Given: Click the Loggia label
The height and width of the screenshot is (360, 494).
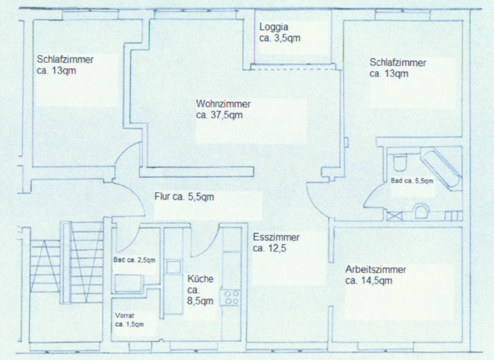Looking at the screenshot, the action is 273,28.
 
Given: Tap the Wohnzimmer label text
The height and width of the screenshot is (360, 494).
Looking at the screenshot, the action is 223,104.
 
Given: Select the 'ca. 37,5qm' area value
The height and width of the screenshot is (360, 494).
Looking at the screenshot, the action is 219,115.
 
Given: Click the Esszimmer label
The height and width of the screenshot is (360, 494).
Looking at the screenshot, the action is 276,237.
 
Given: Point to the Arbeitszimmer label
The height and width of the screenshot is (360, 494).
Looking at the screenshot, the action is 376,270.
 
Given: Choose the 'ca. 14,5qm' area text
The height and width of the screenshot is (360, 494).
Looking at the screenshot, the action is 369,280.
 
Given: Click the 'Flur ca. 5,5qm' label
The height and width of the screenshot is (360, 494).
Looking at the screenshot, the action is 184,197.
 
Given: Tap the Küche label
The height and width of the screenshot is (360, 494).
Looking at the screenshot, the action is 200,279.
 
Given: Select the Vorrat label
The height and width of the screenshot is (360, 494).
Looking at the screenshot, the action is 125,315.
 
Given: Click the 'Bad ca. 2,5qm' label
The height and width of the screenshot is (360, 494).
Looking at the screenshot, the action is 134,260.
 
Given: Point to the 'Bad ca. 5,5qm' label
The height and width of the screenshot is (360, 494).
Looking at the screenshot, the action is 412,181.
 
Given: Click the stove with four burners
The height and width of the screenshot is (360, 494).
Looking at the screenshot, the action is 231,298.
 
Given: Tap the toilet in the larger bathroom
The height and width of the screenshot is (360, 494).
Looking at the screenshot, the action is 400,161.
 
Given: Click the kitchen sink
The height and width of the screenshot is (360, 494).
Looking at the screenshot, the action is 173,267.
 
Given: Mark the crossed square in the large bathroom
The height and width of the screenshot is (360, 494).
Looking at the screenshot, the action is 395,216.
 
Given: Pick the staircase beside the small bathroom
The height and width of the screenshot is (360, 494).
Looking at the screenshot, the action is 67,262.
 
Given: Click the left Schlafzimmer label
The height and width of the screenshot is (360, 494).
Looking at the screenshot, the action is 65,60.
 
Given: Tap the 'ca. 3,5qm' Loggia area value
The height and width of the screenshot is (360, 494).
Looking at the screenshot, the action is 280,38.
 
